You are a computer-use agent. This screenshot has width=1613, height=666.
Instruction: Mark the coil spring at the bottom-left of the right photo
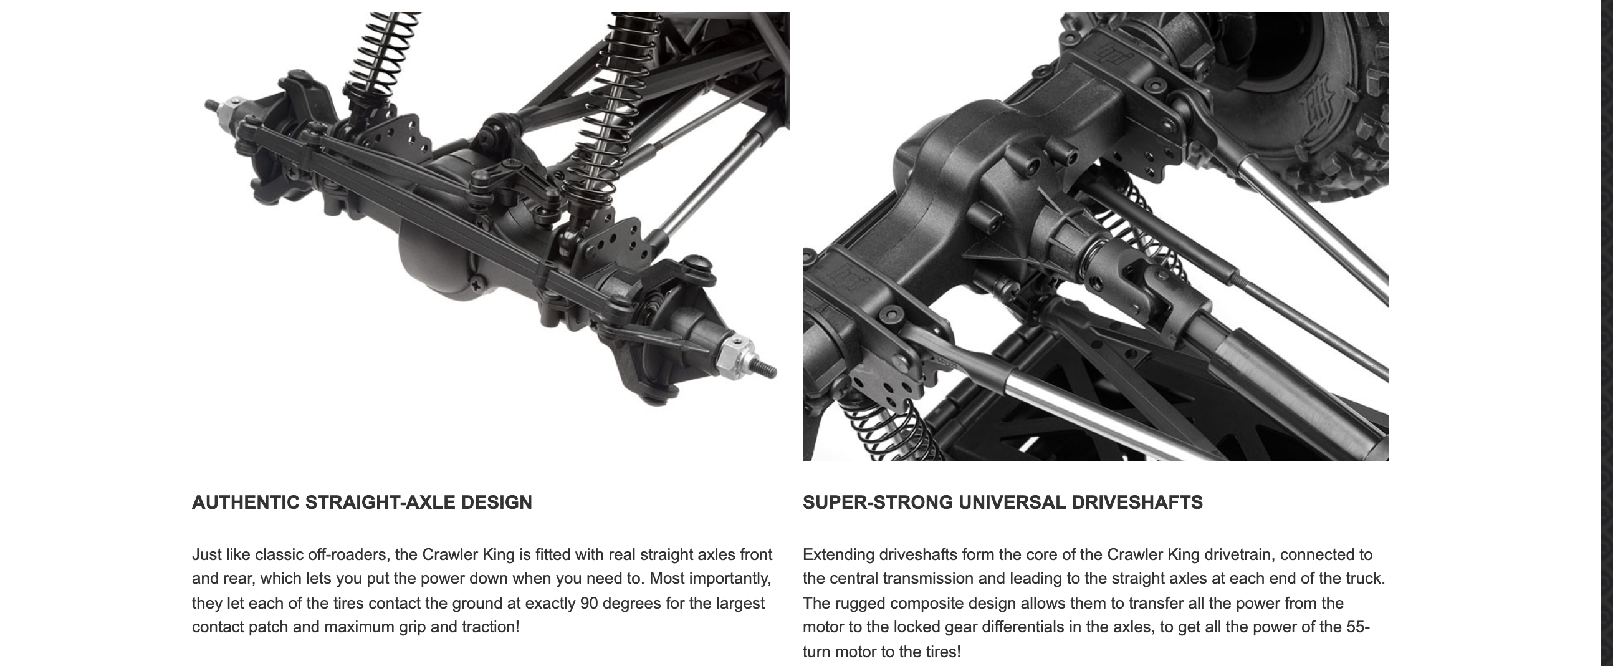[889, 426]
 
